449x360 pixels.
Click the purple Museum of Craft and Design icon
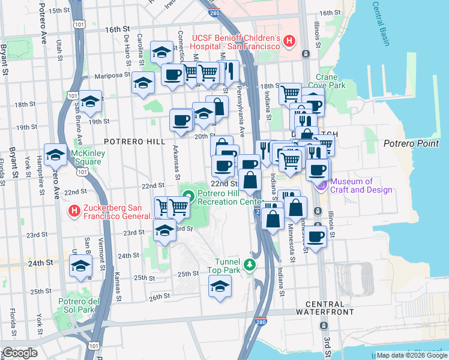click(x=321, y=186)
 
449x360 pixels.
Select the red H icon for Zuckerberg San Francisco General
click(x=74, y=211)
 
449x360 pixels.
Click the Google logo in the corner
click(x=20, y=353)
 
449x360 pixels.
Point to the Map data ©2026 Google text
click(x=411, y=355)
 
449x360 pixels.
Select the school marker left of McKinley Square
click(x=56, y=155)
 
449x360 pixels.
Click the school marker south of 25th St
click(x=220, y=286)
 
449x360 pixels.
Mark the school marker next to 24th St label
click(x=80, y=265)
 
